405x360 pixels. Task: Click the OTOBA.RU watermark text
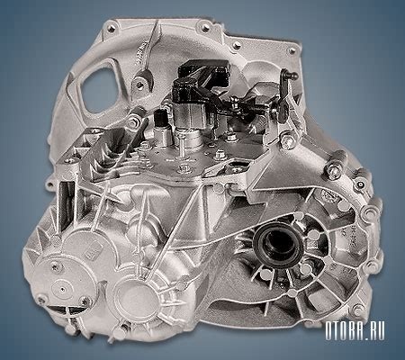coord(355,332)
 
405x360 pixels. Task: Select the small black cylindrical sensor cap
coord(159,119)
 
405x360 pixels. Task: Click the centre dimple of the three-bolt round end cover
coord(62,290)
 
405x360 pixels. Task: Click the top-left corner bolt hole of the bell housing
coord(111,29)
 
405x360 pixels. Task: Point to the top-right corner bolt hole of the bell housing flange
coord(292,50)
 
